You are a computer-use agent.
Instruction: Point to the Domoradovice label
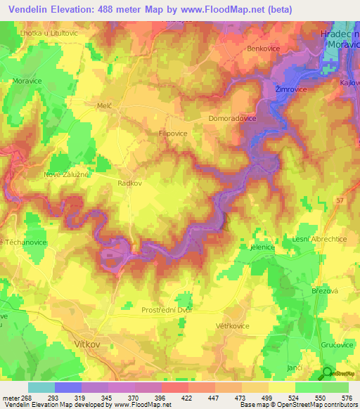pyautogui.click(x=233, y=119)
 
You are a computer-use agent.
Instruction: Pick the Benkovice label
pyautogui.click(x=264, y=48)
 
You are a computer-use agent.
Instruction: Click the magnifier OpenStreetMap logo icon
pyautogui.click(x=328, y=374)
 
